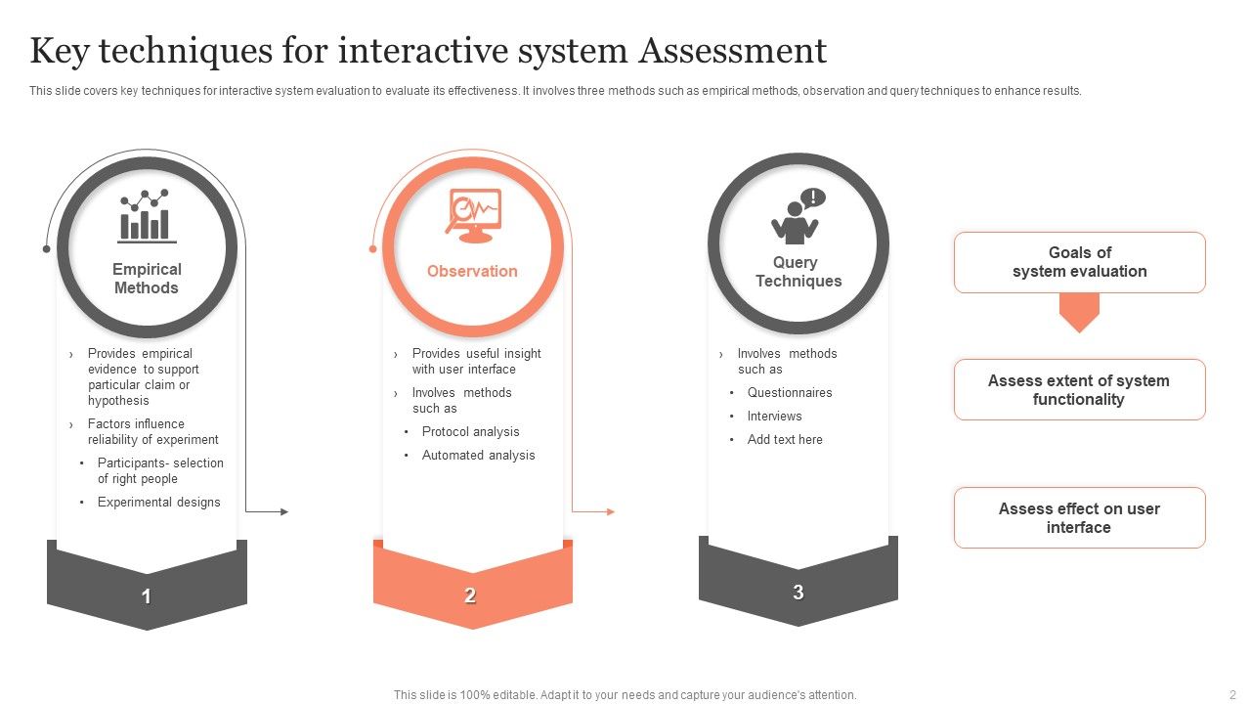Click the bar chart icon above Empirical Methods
[x=148, y=216]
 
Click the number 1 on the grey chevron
[x=147, y=596]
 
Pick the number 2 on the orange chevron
[x=470, y=595]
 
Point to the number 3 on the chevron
[x=798, y=592]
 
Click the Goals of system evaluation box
[x=1079, y=262]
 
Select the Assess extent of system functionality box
[x=1079, y=390]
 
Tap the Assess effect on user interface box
[x=1079, y=518]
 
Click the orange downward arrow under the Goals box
[x=1079, y=312]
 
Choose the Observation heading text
[x=472, y=271]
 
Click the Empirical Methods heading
[x=147, y=279]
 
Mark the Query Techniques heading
[x=798, y=272]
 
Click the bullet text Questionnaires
[x=790, y=392]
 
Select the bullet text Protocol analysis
[x=470, y=431]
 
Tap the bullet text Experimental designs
[x=158, y=502]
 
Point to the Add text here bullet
[x=785, y=439]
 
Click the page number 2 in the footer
[x=1232, y=694]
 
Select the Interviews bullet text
[x=774, y=416]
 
